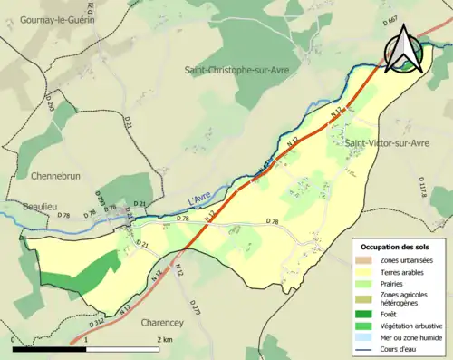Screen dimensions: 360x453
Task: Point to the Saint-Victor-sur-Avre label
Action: (386, 143)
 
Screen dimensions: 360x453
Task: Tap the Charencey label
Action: (172, 321)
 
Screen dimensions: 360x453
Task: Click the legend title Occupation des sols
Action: (397, 246)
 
